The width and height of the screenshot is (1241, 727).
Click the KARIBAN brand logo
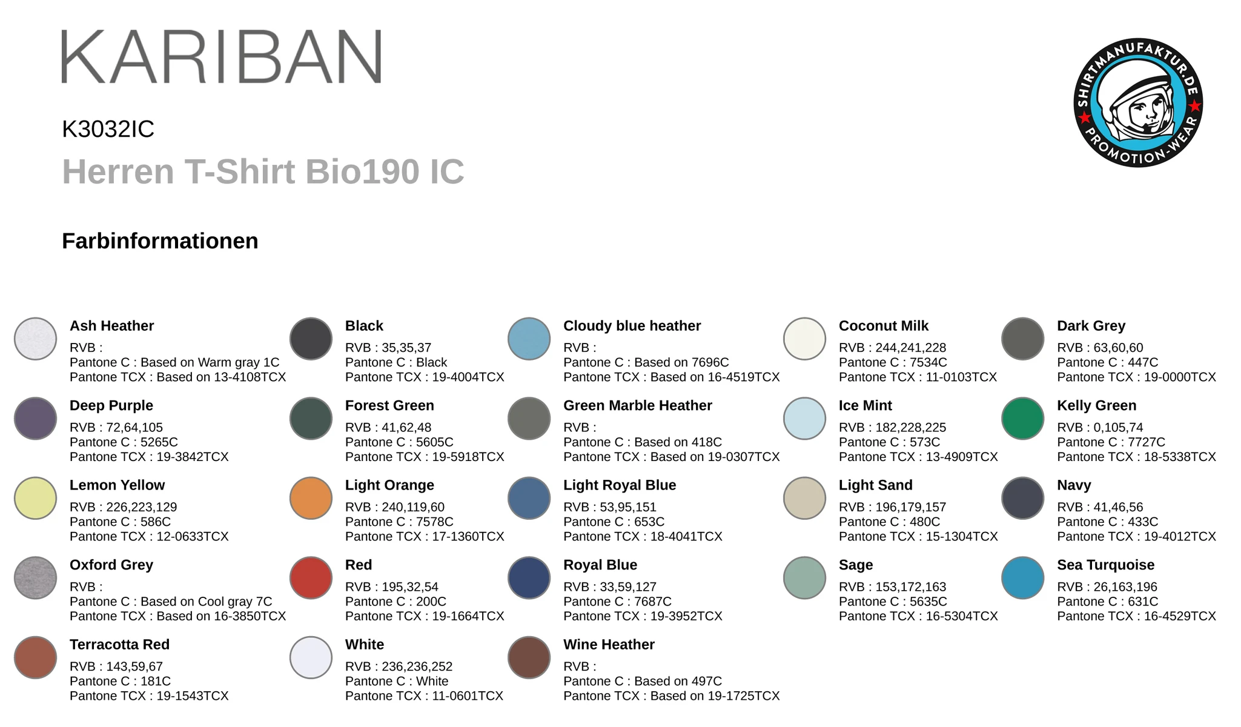(221, 56)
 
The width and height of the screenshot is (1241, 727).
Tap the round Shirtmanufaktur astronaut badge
(1137, 103)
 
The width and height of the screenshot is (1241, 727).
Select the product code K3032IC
(108, 129)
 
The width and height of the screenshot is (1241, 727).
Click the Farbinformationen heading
(160, 241)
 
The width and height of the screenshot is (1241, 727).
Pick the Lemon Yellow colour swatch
(35, 498)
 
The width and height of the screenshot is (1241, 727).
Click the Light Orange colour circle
(311, 498)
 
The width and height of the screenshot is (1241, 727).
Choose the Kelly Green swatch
(1022, 419)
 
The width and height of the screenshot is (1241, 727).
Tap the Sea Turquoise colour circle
(1022, 578)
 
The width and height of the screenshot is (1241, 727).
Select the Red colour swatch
(311, 578)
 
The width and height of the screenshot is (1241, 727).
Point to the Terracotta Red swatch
(35, 657)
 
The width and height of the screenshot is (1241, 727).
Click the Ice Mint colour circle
(804, 419)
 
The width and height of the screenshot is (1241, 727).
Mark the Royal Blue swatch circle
(529, 578)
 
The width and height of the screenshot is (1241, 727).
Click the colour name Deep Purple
(111, 405)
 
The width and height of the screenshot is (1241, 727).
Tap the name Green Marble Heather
(637, 405)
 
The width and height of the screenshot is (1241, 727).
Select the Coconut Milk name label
(883, 326)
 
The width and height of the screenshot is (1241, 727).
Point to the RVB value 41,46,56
(1117, 507)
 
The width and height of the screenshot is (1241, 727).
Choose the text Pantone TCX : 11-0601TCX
(424, 696)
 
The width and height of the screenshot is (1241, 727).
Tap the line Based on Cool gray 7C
(206, 602)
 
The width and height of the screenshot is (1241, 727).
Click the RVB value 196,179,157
(910, 507)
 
